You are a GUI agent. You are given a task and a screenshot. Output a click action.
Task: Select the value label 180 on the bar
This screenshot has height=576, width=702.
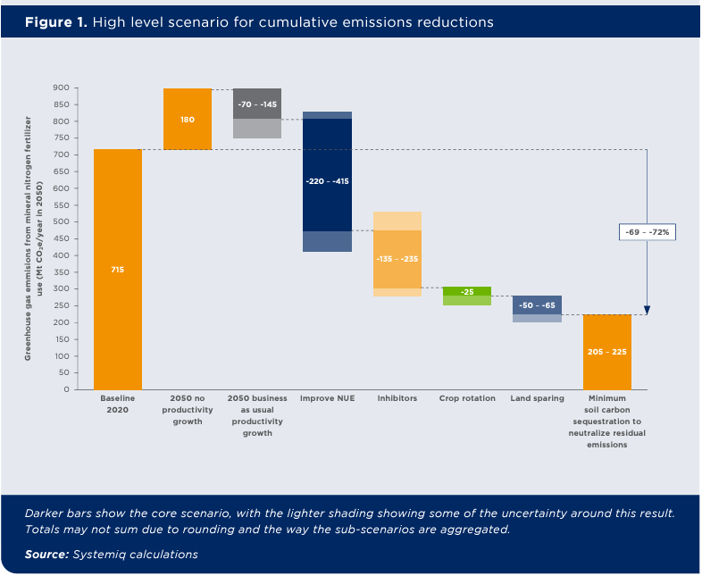[x=188, y=119]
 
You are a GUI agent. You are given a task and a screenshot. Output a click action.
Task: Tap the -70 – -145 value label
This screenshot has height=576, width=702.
[x=257, y=104]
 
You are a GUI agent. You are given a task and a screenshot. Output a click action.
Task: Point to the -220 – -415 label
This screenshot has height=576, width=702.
[x=327, y=181]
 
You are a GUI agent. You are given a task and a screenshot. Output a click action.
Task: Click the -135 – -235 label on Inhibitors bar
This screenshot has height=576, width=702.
[x=397, y=258]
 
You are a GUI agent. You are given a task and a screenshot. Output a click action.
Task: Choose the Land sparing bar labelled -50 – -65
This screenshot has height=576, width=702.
[x=537, y=305]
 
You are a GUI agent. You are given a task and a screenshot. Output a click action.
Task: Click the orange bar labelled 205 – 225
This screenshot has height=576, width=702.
[x=606, y=352]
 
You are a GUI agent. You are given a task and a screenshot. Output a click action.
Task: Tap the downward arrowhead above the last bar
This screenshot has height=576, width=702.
[x=647, y=310]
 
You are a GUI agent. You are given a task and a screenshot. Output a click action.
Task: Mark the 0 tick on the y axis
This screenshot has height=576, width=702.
[x=66, y=389]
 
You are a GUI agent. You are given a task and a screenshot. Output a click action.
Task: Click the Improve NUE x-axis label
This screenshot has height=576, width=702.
[x=327, y=398]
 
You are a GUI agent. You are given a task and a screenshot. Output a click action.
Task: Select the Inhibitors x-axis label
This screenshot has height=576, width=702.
[x=397, y=398]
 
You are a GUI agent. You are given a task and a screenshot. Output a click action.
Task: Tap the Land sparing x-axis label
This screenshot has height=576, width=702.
[x=537, y=398]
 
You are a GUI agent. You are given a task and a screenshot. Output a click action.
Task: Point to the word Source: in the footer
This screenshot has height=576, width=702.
[x=51, y=555]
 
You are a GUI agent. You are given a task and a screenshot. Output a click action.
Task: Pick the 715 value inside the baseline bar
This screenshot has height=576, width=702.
[x=117, y=269]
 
